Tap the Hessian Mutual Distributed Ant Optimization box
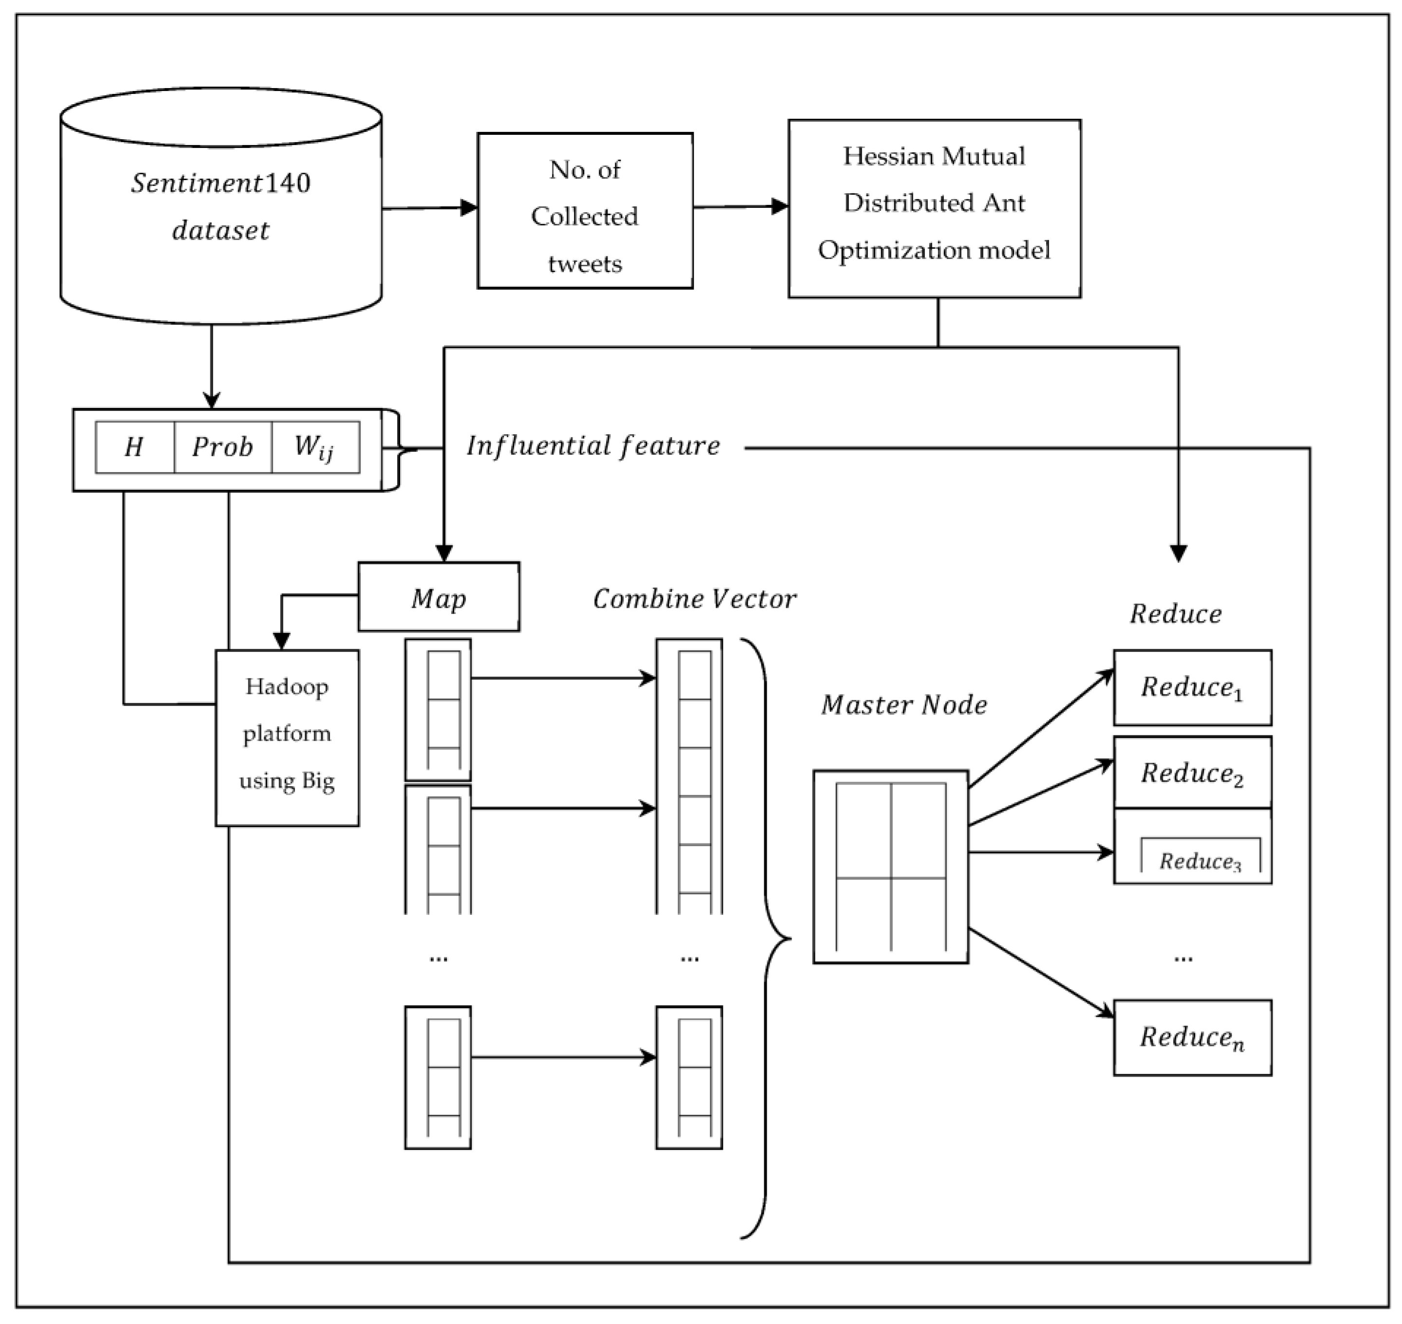[934, 208]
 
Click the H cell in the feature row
[134, 447]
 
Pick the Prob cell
[222, 447]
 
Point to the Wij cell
[315, 447]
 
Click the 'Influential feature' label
[593, 445]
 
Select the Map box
[439, 597]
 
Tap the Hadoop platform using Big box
[287, 737]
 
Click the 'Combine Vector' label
[694, 599]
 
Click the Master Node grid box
[890, 866]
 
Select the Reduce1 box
[1192, 687]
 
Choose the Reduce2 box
[1192, 772]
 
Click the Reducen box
[1192, 1037]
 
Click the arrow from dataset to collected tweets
[429, 208]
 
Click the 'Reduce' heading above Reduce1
[1176, 613]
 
